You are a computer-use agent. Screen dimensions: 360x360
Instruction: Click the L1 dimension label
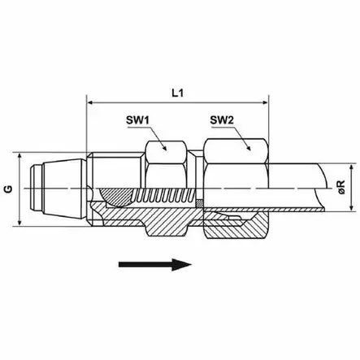pos(178,93)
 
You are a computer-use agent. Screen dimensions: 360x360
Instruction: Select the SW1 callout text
pos(137,120)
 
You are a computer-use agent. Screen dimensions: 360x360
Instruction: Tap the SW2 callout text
pos(222,120)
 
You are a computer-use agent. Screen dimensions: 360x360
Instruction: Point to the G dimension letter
pos(9,189)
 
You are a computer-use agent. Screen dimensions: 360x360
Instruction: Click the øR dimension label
pos(341,187)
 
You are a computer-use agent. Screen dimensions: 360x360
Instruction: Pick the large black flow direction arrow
pos(155,264)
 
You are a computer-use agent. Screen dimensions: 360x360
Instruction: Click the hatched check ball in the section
pos(115,197)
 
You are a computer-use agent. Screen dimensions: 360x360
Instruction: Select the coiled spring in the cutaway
pos(164,197)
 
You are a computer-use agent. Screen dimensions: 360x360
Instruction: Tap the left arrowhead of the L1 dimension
pos(90,102)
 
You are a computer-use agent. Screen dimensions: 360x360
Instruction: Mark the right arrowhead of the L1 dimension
pos(265,102)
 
